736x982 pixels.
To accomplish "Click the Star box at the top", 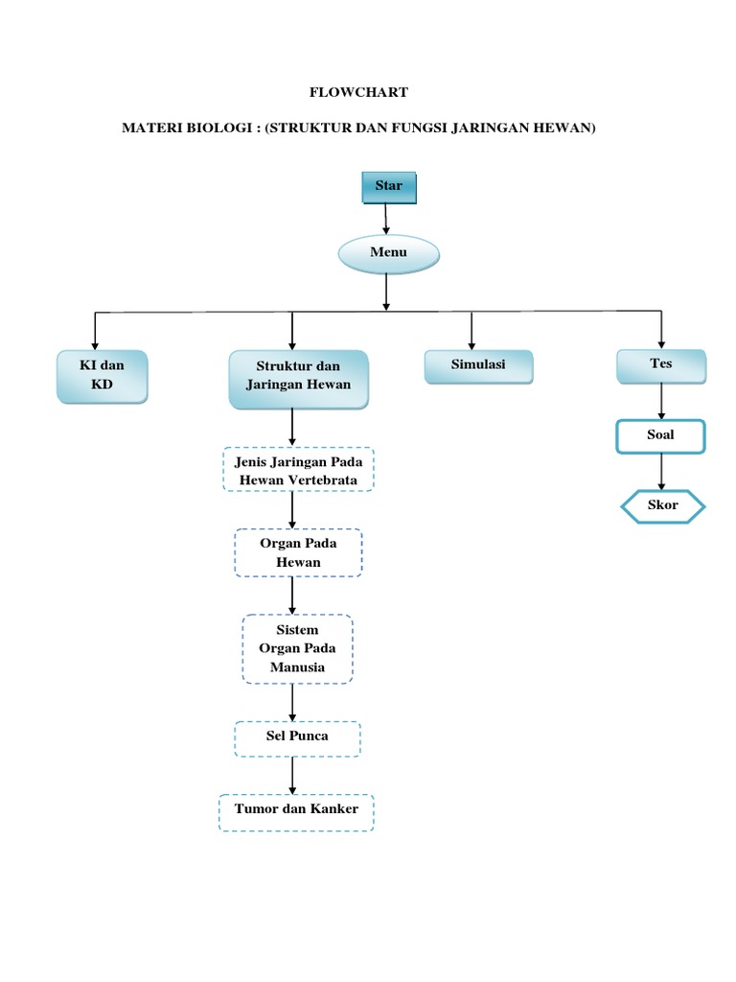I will tap(389, 187).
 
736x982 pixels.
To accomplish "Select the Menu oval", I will tap(389, 253).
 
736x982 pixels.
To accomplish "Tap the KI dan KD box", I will tap(102, 376).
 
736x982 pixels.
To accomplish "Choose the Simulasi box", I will tap(478, 366).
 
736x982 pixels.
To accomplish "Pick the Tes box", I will tap(661, 365).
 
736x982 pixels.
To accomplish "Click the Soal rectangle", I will tap(660, 435).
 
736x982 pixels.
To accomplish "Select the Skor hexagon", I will tap(662, 506).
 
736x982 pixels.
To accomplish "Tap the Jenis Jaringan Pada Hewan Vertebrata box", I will tap(298, 470).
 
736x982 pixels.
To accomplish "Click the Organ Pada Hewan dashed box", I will tap(298, 552).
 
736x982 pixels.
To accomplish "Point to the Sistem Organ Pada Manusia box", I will tap(297, 649).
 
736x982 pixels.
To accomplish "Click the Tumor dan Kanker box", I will tap(296, 811).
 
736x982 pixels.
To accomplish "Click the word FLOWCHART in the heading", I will tap(358, 92).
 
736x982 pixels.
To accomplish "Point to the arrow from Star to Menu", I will tap(386, 220).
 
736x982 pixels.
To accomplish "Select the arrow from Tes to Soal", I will tap(661, 402).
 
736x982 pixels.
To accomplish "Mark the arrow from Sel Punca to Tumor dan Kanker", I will tap(293, 774).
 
